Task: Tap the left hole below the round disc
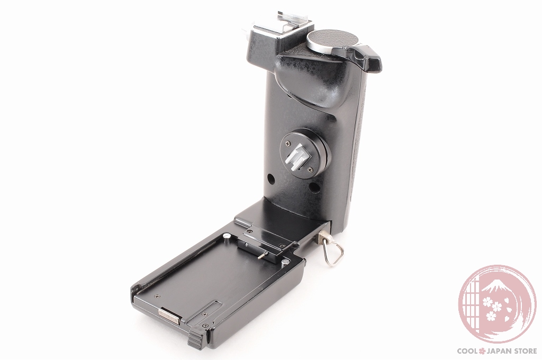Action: (x=271, y=179)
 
